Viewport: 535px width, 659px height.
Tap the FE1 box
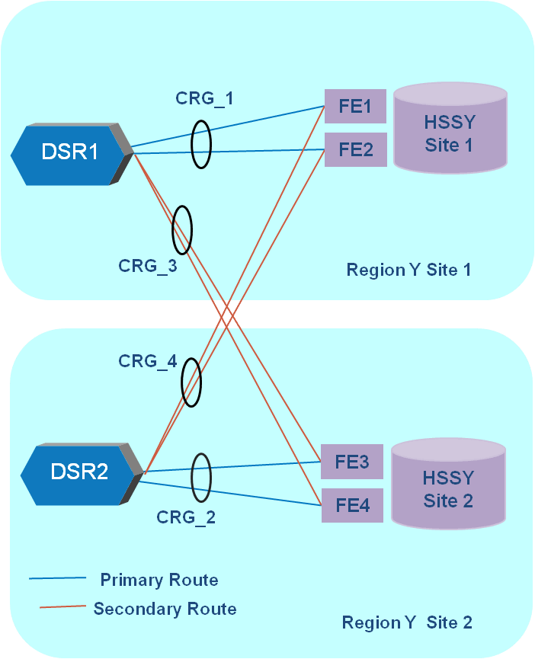pyautogui.click(x=355, y=107)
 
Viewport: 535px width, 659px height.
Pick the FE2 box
pyautogui.click(x=355, y=149)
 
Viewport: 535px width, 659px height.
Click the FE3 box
pyautogui.click(x=352, y=462)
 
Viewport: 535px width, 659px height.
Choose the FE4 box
pyautogui.click(x=352, y=505)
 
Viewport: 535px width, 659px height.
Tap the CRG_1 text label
pyautogui.click(x=204, y=98)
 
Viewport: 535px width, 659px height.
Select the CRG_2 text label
pyautogui.click(x=186, y=517)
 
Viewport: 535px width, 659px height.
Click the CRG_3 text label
pyautogui.click(x=148, y=266)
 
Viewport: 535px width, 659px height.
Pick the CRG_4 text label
pyautogui.click(x=148, y=361)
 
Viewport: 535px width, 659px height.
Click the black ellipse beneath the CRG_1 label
pyautogui.click(x=200, y=145)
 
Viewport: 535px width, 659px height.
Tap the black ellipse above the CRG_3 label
pyautogui.click(x=182, y=229)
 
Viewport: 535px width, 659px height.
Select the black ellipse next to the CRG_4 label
pyautogui.click(x=191, y=382)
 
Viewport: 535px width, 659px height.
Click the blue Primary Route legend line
pyautogui.click(x=57, y=578)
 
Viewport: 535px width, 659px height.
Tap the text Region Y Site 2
pyautogui.click(x=407, y=622)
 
